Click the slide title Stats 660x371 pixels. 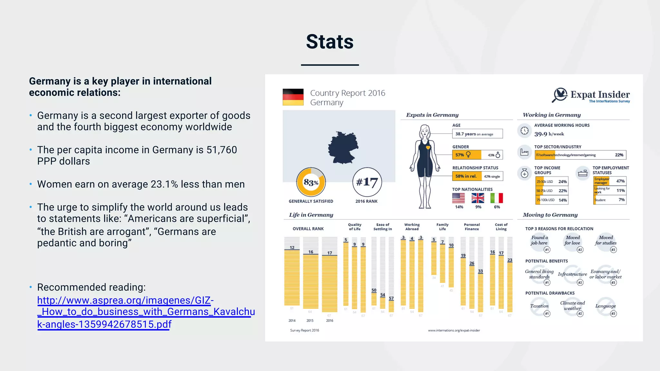coord(330,42)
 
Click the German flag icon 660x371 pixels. coord(293,97)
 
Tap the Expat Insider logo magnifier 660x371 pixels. coord(560,95)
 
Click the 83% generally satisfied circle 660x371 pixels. coord(311,182)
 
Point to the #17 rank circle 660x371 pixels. coord(367,182)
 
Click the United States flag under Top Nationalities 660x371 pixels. coord(458,198)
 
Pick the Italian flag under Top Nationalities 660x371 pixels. coord(497,198)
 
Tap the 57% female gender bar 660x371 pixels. coord(466,155)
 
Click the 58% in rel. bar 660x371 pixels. coord(466,176)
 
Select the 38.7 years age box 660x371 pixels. coord(477,134)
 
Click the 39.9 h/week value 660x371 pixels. coord(549,134)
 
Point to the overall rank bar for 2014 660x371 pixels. coord(292,277)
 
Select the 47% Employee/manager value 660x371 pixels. coord(620,181)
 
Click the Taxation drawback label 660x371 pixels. coord(539,306)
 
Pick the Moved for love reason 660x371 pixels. coord(572,240)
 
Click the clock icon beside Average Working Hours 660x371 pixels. coord(524,131)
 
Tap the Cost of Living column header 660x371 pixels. coord(501,227)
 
